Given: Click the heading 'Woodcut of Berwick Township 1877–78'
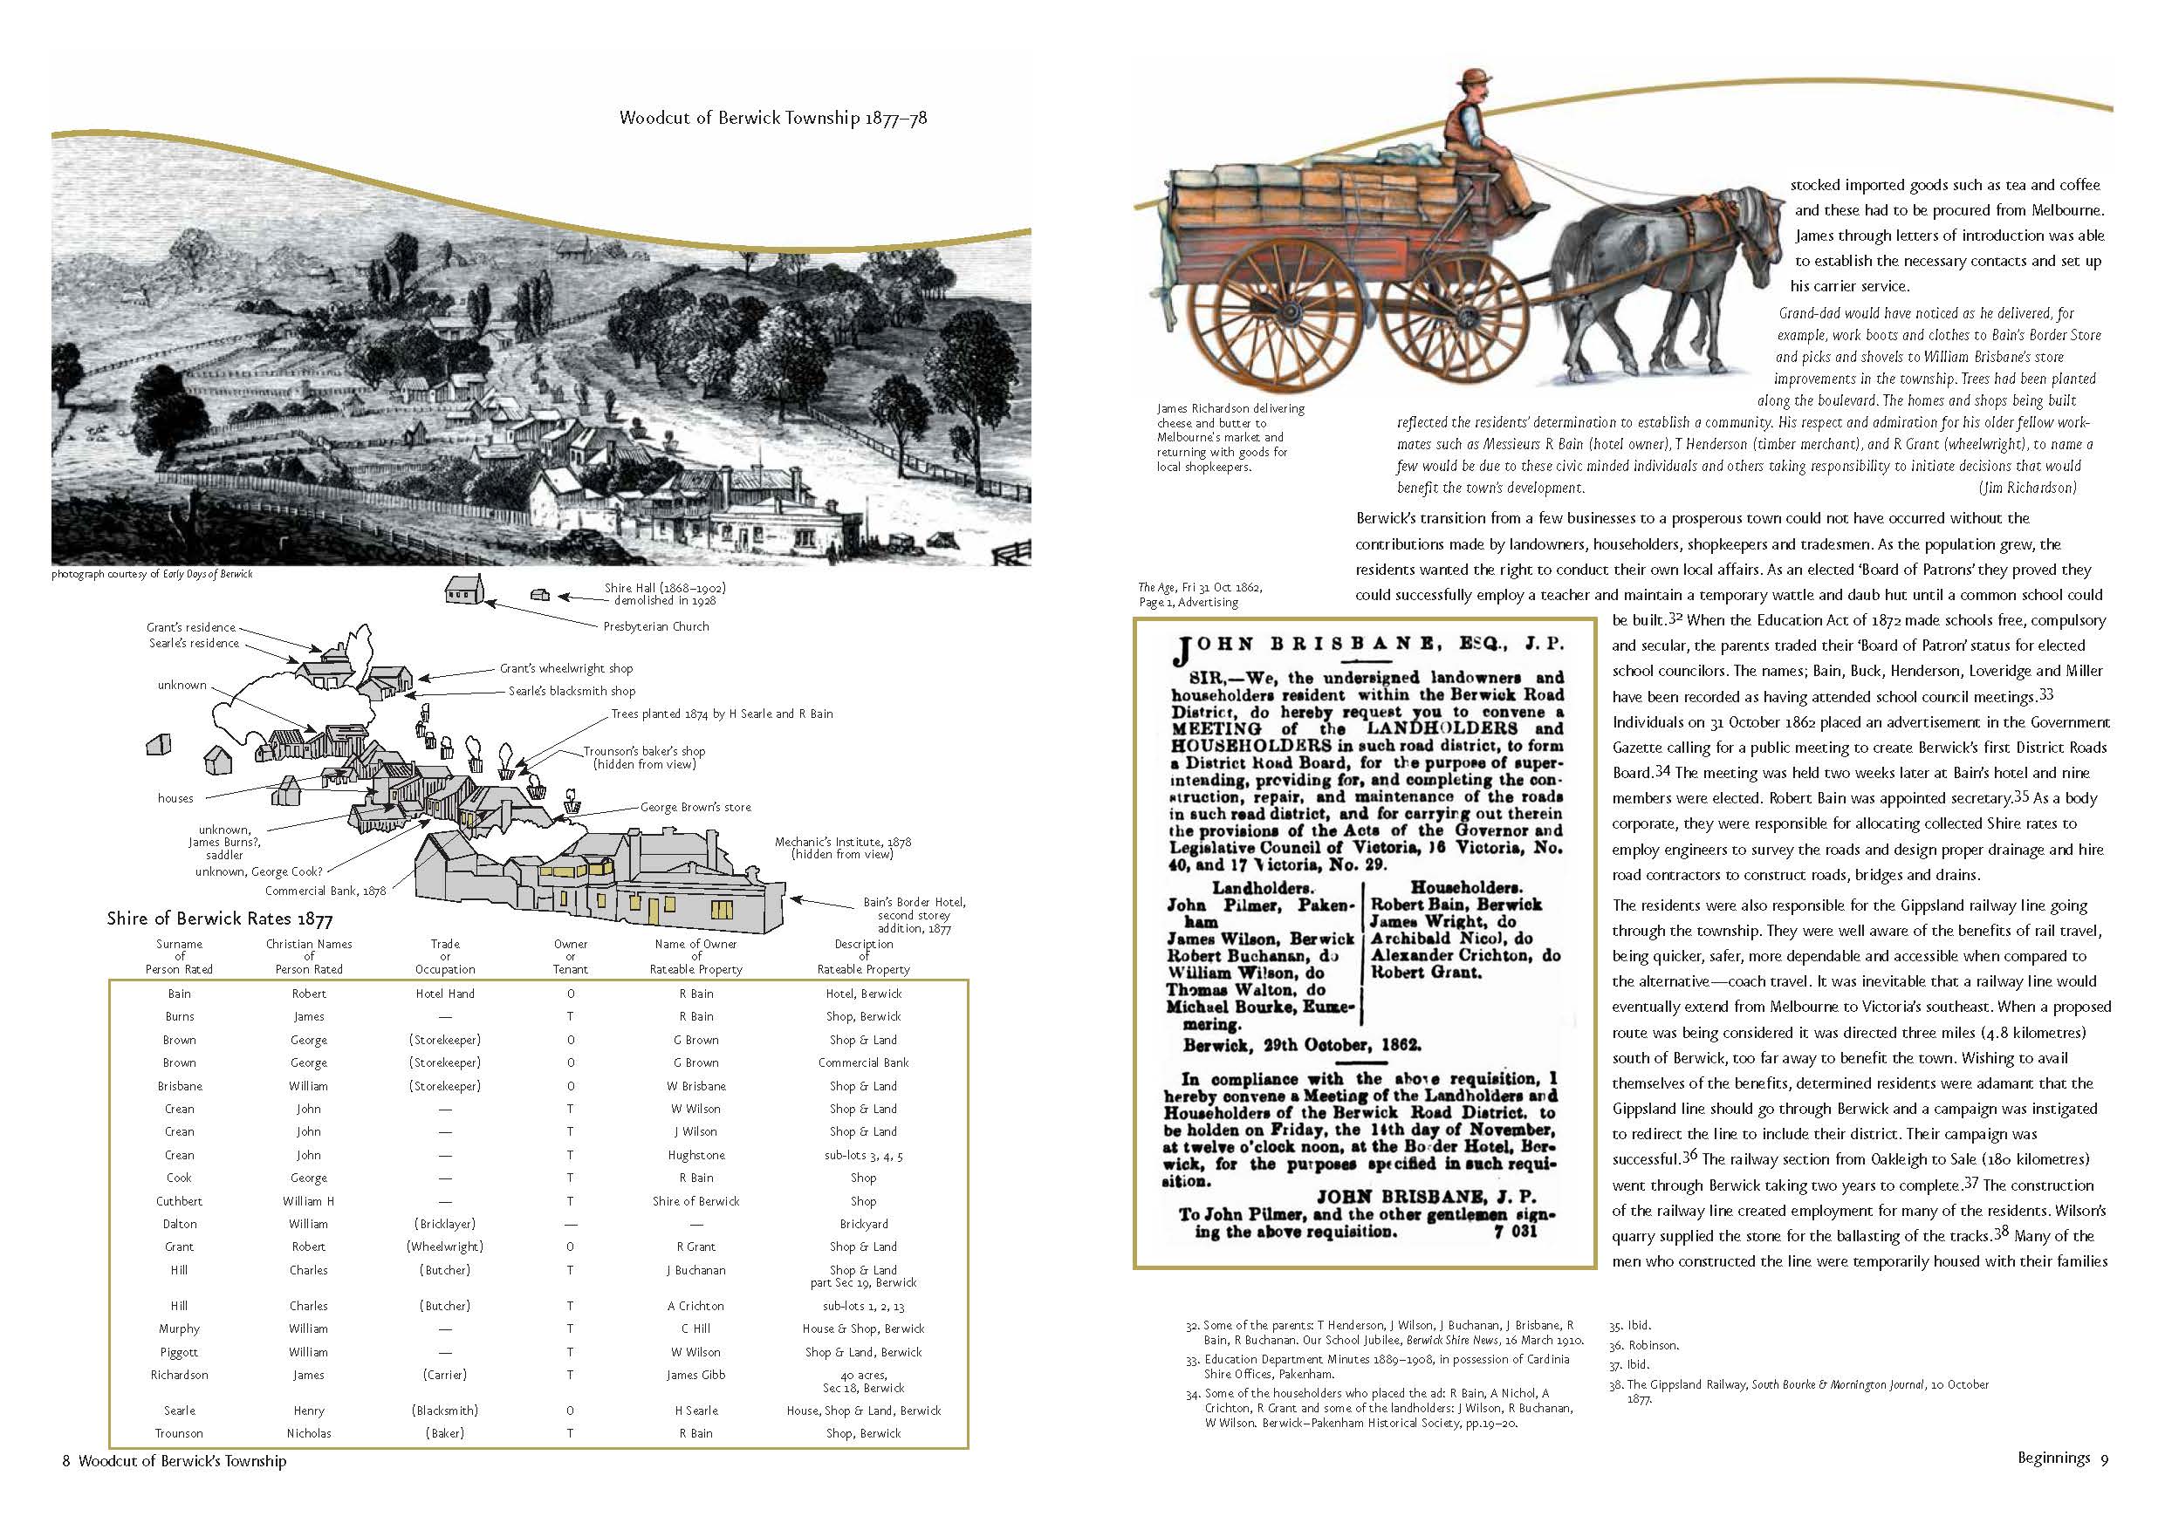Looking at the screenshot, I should [772, 118].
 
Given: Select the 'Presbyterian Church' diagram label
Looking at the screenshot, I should [655, 626].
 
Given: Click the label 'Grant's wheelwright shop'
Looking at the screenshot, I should [565, 668].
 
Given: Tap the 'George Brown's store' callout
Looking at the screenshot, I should [695, 807].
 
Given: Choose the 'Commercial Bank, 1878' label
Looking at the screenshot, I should [325, 891].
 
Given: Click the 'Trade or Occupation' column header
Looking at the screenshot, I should [445, 956].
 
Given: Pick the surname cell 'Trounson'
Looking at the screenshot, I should [179, 1433].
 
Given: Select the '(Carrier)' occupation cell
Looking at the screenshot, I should [445, 1375].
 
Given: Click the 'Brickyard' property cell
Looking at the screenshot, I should [863, 1224].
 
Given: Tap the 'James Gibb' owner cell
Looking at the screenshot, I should [695, 1375].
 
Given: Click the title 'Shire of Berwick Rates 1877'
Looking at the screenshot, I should [220, 919].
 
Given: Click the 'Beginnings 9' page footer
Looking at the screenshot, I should [2061, 1458].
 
